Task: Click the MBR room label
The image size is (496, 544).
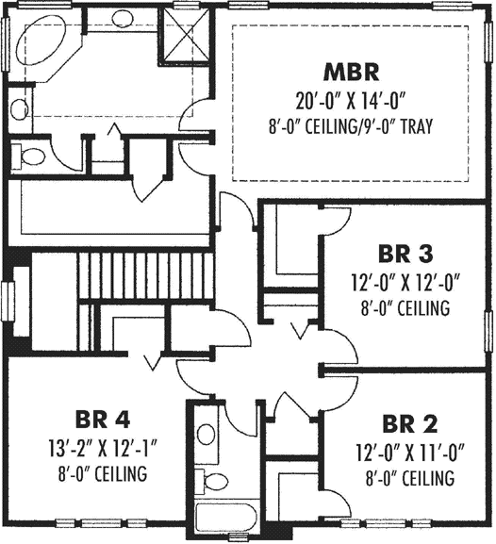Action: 351,72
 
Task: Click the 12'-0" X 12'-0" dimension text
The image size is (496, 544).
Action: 405,282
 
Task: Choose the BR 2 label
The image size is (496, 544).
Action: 408,422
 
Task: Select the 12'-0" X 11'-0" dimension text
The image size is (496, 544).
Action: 408,451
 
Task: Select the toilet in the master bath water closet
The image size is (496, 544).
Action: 35,156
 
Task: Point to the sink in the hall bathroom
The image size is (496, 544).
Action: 207,434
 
